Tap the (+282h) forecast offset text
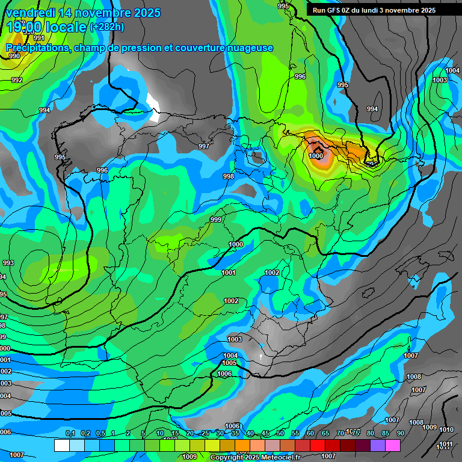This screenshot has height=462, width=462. (x=106, y=26)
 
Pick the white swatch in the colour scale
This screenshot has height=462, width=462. (x=61, y=445)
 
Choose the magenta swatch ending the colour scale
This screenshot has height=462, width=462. (x=393, y=445)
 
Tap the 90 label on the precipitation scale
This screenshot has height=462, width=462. (x=400, y=433)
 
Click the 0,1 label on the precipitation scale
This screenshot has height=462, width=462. (x=70, y=433)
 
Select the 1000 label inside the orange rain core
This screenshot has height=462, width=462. (x=316, y=156)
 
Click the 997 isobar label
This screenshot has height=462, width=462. (x=204, y=146)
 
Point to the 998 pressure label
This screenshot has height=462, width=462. (x=228, y=176)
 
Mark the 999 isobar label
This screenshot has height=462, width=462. (x=216, y=220)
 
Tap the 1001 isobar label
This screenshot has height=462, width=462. (x=229, y=273)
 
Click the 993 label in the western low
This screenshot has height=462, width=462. (x=8, y=263)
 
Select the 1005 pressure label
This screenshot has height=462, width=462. (x=229, y=363)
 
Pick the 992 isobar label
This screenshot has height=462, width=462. (x=17, y=80)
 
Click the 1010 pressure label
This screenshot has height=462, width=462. (x=446, y=430)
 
